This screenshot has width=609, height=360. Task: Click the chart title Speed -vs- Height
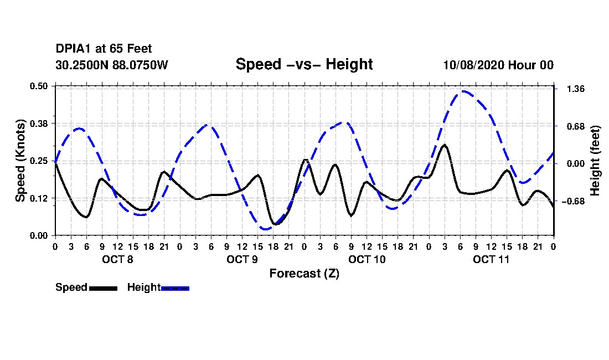coord(304,64)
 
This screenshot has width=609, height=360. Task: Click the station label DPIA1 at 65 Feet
coord(104,49)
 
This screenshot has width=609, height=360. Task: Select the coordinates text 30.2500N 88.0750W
coord(111,65)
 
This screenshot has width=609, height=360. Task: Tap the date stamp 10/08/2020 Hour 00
coord(498,65)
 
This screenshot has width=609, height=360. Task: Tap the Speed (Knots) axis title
coord(20,160)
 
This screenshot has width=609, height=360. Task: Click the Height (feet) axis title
coord(596,161)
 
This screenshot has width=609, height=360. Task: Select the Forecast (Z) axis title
coord(304,274)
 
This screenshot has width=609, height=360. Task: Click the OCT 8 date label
coord(117,259)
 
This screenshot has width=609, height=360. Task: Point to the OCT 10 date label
coord(367,259)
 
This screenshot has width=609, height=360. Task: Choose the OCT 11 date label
coord(491,259)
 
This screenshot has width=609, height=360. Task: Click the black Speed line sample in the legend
coord(103,288)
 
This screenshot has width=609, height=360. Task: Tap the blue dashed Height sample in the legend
coord(175,288)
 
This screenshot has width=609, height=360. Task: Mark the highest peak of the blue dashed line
coord(463,91)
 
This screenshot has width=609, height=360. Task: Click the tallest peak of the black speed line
coord(445,145)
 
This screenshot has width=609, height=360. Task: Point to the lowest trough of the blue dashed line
coord(266,229)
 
